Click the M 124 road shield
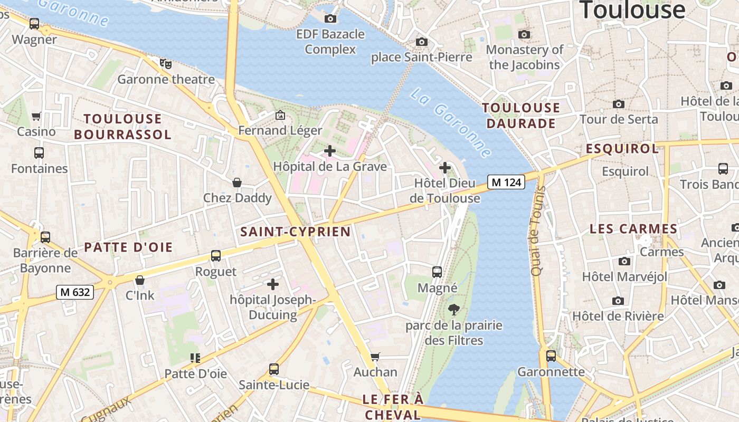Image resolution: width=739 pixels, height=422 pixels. pos(506,182)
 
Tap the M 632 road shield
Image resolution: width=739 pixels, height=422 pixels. pos(75,292)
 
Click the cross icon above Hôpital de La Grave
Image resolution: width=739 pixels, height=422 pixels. pos(330,151)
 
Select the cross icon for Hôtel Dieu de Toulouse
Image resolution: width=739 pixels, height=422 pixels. pos(445,168)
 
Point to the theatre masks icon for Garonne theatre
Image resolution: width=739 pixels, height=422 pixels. pos(166,64)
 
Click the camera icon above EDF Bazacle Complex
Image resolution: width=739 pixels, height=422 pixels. pos(330,18)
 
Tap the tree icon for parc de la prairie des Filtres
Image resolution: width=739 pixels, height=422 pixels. pos(453,310)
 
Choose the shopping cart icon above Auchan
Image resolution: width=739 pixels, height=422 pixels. pos(375,357)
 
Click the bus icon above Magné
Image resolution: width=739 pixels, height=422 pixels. pos(437,272)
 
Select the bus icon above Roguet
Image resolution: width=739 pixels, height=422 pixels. pos(216,256)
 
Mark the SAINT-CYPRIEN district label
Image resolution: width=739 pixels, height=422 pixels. pos(296,232)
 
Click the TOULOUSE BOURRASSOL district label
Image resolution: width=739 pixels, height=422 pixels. pos(122,127)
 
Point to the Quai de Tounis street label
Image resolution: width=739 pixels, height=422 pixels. pos(537,231)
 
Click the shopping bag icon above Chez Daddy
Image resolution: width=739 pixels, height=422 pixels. pos(238,183)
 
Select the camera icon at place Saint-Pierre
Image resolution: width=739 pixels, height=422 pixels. pos(421,42)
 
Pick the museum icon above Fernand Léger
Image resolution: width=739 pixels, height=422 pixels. pos(280,114)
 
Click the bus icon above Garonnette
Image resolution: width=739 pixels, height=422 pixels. pos(551,356)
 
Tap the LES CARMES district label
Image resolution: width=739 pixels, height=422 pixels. pos(633,229)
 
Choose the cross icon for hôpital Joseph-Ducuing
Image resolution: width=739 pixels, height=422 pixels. pos(273,284)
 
